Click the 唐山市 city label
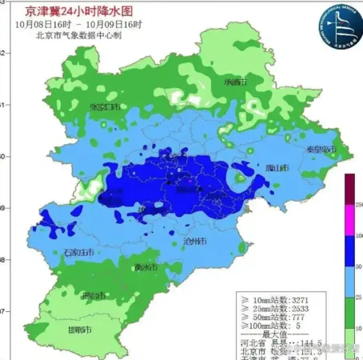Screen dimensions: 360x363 click(x=277, y=167)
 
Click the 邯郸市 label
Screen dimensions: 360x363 click(x=78, y=330)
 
